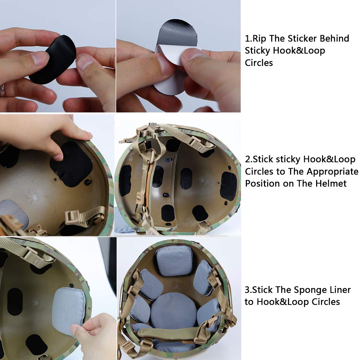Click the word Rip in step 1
[259, 39]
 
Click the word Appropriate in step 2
[333, 172]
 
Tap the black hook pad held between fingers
[53, 59]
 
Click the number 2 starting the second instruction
[247, 159]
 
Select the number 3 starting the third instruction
[247, 290]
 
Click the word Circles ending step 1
[259, 63]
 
